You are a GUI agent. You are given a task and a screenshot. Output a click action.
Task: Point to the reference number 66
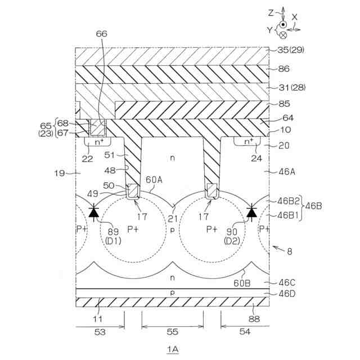coord(101,33)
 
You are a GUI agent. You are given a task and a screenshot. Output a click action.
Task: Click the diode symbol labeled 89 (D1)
coord(94,212)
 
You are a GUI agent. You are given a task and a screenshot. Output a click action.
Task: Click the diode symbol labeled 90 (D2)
coord(250,212)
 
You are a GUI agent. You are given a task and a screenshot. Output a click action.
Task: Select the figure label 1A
coord(172,349)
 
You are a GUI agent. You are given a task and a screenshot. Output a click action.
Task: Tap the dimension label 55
coord(172,332)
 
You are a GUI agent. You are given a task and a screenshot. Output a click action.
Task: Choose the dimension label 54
coord(245,332)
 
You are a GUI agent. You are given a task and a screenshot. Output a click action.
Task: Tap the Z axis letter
coord(271,12)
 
